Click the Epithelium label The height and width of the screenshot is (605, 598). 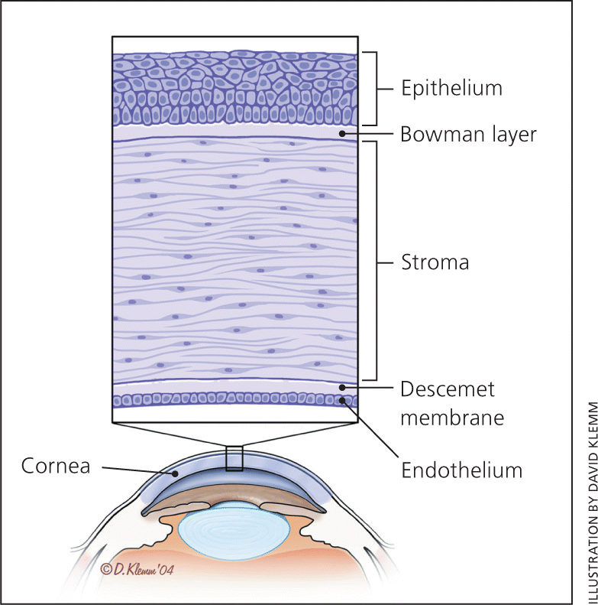(452, 88)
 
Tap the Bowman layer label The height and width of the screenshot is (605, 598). (469, 135)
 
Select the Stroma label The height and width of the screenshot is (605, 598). (435, 262)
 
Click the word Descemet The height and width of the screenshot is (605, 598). (448, 389)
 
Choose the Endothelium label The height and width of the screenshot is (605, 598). (462, 469)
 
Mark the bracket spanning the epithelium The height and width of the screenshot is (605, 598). (376, 88)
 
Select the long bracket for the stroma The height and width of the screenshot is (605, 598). (376, 261)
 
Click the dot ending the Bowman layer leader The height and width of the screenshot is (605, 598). (344, 134)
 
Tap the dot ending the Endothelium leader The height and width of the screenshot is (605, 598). (344, 399)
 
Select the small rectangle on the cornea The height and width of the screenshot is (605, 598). (234, 457)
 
